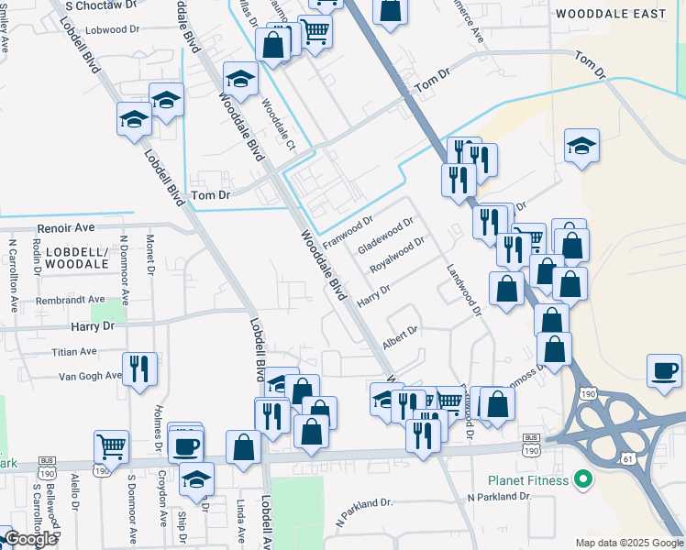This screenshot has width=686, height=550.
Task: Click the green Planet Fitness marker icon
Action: tap(581, 478)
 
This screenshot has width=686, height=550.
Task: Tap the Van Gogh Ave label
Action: tap(90, 375)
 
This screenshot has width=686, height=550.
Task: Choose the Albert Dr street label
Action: tap(400, 336)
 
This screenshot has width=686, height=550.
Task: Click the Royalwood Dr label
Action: tap(396, 256)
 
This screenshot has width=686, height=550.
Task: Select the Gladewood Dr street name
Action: tap(386, 236)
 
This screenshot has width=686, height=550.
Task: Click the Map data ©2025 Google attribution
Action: tap(628, 543)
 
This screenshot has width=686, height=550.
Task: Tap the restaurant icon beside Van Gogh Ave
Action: tap(139, 368)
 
